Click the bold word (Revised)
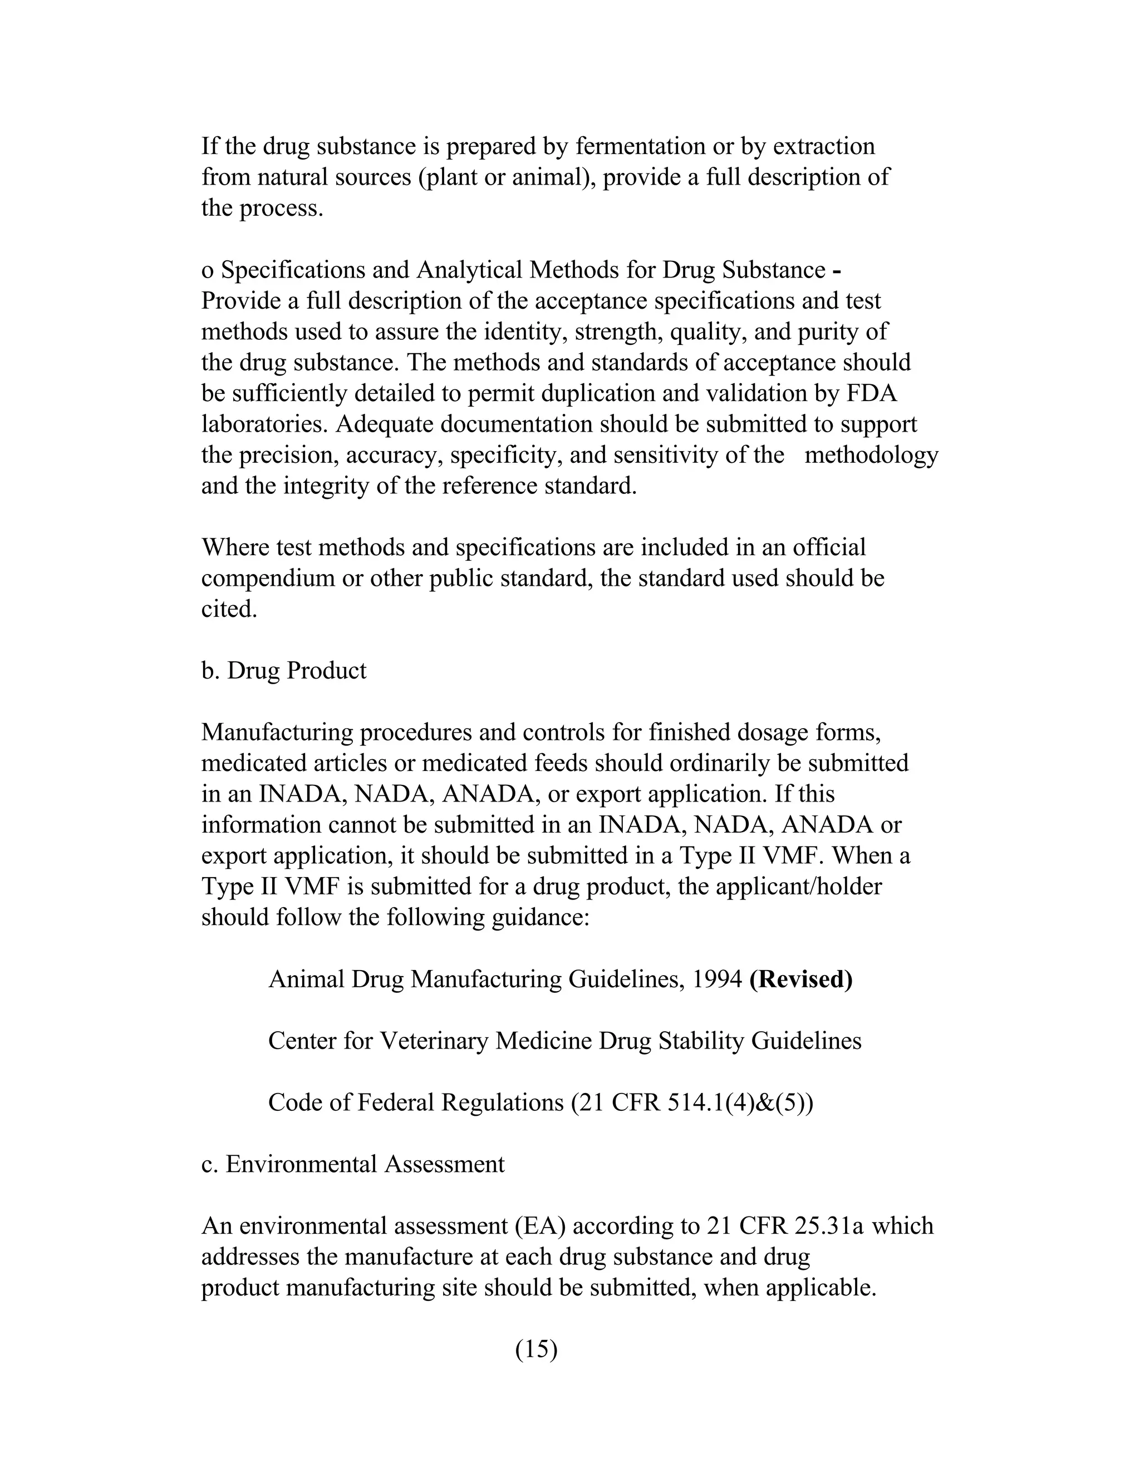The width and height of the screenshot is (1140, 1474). pos(801,980)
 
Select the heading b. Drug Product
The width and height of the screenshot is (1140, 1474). pos(284,671)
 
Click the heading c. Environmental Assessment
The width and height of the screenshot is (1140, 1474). pos(352,1164)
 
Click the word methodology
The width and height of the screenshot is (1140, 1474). pos(871,456)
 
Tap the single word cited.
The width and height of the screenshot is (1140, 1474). pos(229,610)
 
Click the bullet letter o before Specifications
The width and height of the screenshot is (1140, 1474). pos(207,271)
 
